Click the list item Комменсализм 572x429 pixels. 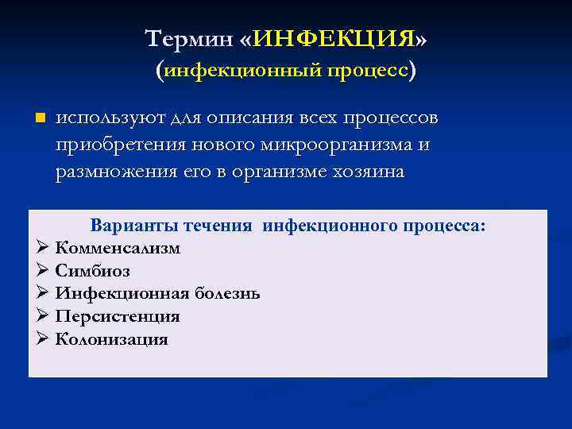tap(118, 249)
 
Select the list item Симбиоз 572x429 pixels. tap(93, 272)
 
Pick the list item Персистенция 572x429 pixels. tap(118, 317)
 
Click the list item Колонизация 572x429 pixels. tap(112, 340)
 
